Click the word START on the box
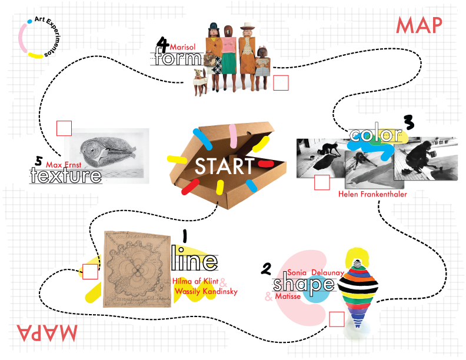tap(224, 166)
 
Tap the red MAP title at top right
tap(419, 25)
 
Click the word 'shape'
tap(303, 285)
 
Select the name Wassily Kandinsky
tap(205, 291)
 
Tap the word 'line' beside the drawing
tap(194, 261)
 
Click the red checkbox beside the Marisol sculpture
tap(281, 83)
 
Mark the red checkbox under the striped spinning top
tap(337, 319)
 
